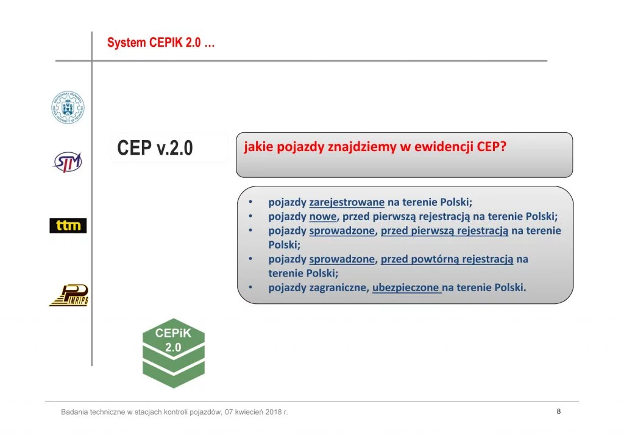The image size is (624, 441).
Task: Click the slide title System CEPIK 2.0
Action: (x=161, y=43)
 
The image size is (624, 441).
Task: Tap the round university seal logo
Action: (x=68, y=107)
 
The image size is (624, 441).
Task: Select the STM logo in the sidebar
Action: (x=68, y=162)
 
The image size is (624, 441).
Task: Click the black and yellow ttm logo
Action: (x=68, y=225)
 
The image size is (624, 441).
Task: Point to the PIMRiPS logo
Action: (x=68, y=295)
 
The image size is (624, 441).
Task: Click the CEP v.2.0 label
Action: (x=155, y=148)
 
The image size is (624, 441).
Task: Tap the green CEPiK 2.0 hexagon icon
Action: (x=174, y=353)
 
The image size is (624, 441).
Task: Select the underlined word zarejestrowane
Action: (x=347, y=202)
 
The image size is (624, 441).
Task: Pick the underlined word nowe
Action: (x=323, y=216)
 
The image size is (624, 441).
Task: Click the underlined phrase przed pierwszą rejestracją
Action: (x=444, y=231)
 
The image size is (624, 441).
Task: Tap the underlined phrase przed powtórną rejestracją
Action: (x=447, y=259)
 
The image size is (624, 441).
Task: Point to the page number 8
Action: (x=559, y=411)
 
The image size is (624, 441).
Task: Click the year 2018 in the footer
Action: (x=273, y=412)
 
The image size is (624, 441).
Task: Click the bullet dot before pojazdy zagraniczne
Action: (x=250, y=287)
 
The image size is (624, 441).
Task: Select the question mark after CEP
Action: (x=503, y=146)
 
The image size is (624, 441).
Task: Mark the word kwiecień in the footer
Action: (x=249, y=412)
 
